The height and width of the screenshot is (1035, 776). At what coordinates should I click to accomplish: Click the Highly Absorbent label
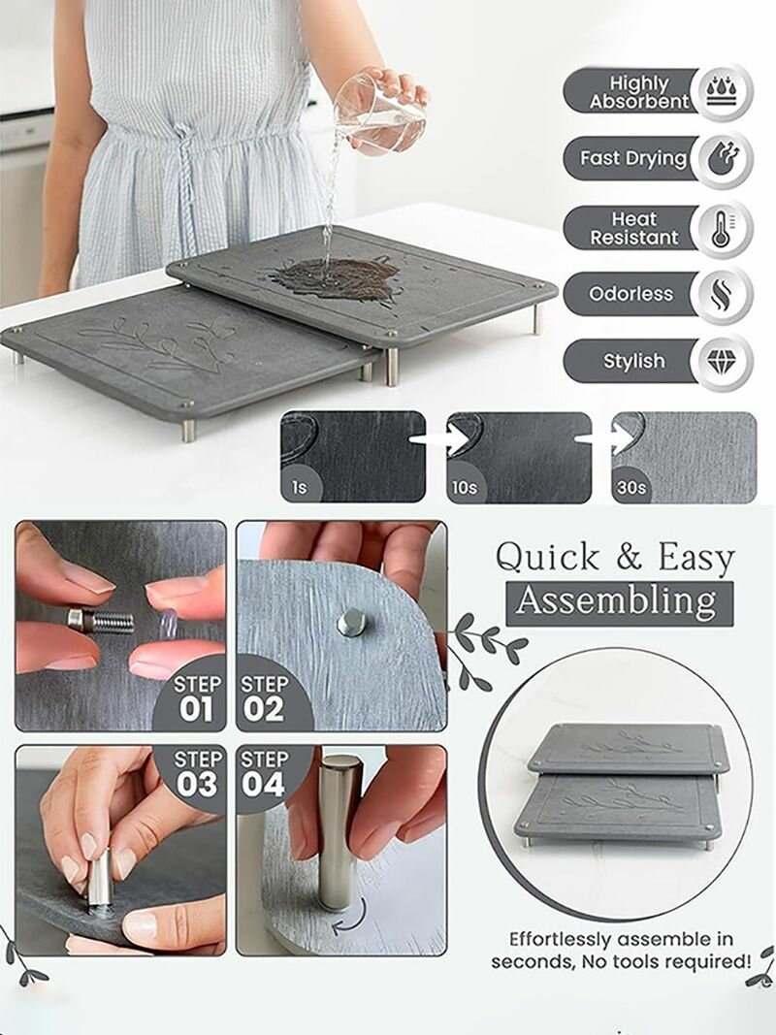pos(639,92)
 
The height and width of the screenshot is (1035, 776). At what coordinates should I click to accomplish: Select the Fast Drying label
pos(633,158)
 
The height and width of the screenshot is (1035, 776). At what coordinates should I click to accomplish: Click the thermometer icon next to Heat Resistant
pos(723,228)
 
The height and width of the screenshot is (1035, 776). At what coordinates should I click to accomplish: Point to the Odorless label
pos(631,294)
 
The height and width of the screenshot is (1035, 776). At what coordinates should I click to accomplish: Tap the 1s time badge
pos(300,487)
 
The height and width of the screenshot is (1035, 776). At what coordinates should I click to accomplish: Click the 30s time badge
pos(630,487)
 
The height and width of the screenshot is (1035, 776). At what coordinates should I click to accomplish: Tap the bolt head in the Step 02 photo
pos(352,623)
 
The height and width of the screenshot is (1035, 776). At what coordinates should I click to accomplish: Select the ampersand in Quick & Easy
pos(630,558)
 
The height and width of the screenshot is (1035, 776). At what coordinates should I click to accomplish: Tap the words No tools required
pos(665,961)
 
